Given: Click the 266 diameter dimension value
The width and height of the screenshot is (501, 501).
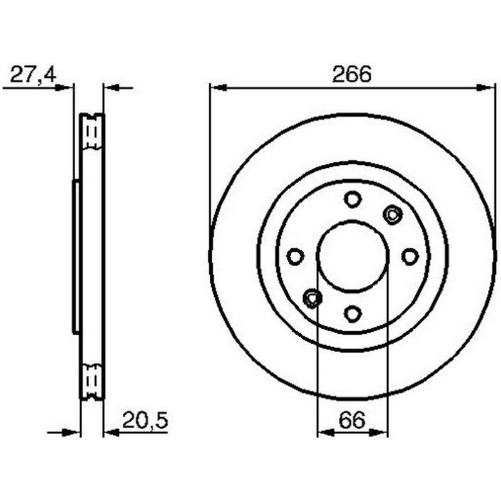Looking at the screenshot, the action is coord(352,74).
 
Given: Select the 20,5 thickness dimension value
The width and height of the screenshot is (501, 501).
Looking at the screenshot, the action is coord(145,420).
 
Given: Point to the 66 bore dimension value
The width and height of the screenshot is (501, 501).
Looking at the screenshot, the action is coord(352,420).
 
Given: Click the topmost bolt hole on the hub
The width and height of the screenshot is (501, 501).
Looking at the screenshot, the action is coord(353,199).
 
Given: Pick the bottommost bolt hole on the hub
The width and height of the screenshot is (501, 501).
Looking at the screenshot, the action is coord(353,314).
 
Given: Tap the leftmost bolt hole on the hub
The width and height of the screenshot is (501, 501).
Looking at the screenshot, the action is coord(295,256).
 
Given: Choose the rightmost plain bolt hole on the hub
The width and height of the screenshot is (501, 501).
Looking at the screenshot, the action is coord(410,256).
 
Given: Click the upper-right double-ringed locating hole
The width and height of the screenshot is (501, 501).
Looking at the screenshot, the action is coord(393,214).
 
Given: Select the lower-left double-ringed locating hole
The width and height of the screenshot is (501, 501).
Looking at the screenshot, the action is coord(312,298).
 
